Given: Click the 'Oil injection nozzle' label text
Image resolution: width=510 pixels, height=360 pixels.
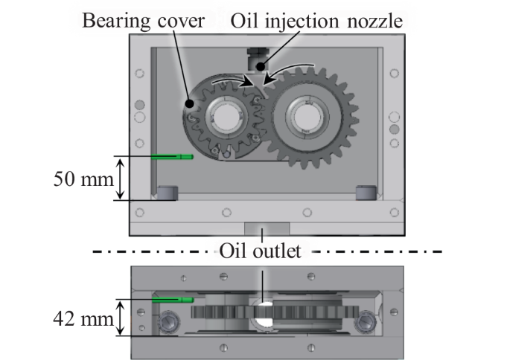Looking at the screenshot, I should pos(317,20).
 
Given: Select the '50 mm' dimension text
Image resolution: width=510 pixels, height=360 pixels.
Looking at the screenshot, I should pos(84,179).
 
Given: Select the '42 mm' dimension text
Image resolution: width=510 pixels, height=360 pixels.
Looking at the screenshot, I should pos(84,321).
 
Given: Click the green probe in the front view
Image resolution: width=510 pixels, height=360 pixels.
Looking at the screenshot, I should pos(171,157).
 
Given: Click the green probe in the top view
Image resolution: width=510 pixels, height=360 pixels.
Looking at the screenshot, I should pos(172,300).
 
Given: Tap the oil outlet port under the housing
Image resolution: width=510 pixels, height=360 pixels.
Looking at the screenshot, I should pos(262,229).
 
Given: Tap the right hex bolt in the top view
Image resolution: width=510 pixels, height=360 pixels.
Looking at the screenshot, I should pos(366,321).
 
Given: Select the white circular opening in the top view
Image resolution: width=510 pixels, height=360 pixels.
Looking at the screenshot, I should pos(263,312).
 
